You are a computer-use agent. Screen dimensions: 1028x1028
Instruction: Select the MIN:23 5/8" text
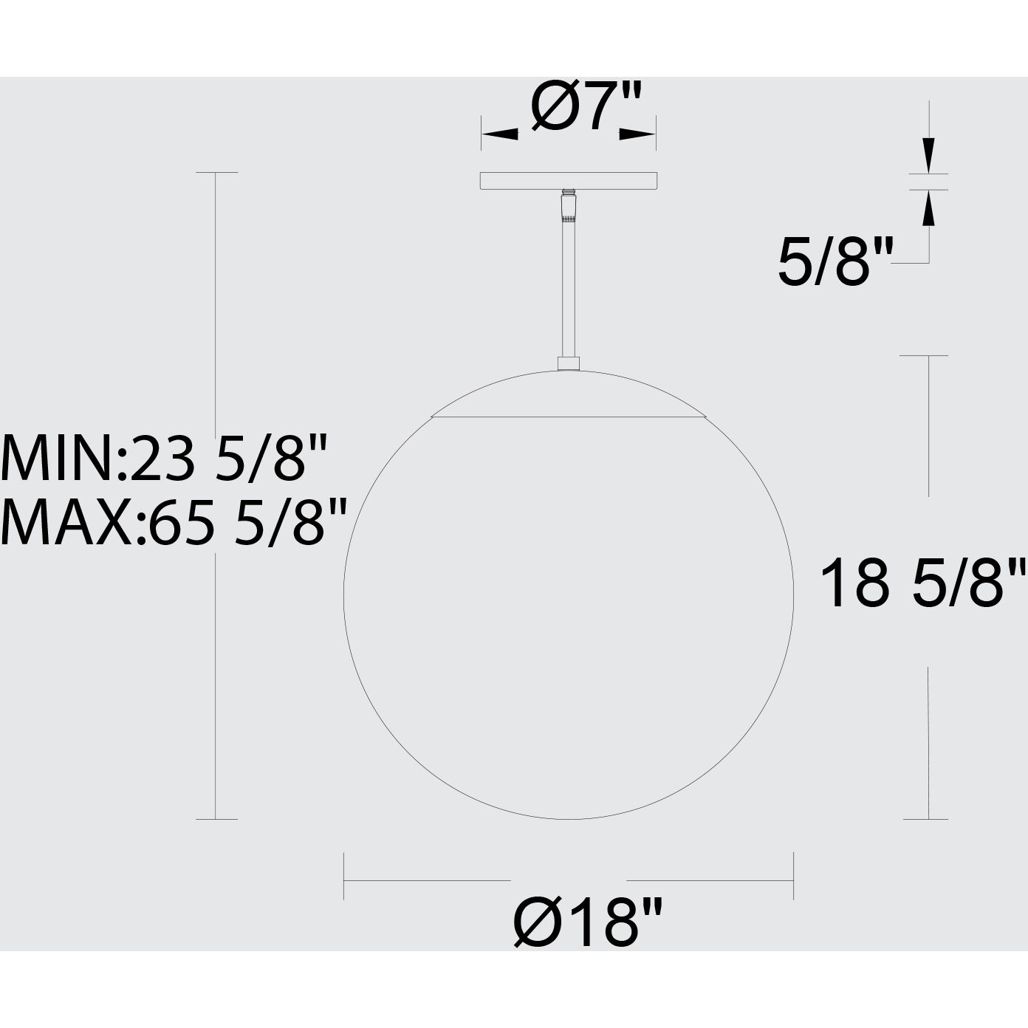point(164,459)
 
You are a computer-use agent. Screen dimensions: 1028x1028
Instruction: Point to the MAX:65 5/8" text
point(174,522)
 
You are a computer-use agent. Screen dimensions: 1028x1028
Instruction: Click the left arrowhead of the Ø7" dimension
point(499,134)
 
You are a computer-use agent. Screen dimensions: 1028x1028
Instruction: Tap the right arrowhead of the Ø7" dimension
point(638,134)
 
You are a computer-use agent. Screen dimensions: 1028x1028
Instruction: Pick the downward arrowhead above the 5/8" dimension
point(928,155)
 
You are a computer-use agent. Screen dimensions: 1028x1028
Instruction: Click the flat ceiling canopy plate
point(569,180)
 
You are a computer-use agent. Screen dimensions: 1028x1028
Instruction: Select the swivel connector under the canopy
point(567,206)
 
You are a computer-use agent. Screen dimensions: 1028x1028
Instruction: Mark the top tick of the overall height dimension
point(216,173)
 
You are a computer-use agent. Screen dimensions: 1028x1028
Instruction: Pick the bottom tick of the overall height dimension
point(216,819)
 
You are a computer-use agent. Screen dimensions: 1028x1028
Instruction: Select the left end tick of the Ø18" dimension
point(344,876)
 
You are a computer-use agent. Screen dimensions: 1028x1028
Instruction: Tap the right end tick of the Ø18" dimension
point(793,876)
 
